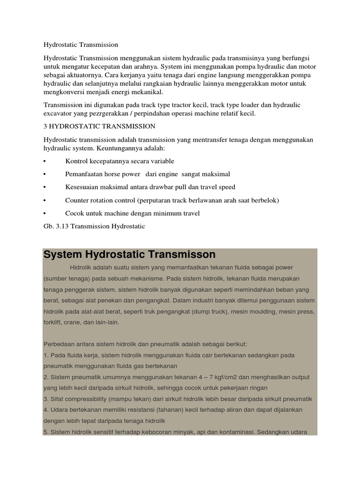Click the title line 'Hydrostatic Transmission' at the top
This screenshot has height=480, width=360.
coord(81,45)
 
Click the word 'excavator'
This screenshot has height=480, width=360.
coord(58,113)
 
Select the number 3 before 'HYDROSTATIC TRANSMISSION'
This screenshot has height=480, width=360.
coord(45,127)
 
